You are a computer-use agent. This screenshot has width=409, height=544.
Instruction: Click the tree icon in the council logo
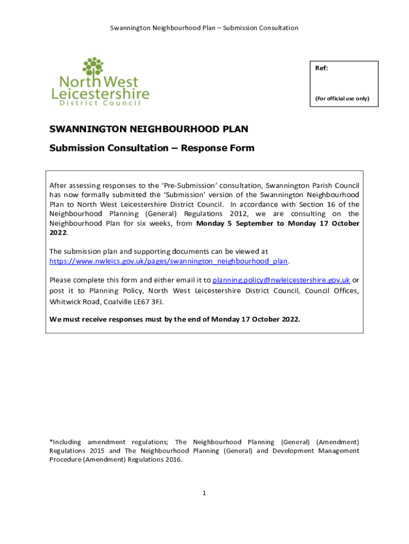coord(93,67)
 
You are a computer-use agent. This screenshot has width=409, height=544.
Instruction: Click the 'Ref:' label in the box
coord(322,69)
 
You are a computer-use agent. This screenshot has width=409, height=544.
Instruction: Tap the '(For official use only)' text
coord(343,98)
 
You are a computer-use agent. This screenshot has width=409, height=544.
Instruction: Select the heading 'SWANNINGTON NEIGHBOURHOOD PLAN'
coord(149,129)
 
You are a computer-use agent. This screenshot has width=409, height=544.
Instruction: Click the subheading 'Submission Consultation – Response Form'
coord(152,148)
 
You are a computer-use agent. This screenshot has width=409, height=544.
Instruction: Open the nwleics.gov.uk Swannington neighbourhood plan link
coord(168,261)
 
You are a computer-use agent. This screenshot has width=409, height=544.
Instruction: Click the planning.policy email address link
coord(281,280)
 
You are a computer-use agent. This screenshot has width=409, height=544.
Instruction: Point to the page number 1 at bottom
coord(203,493)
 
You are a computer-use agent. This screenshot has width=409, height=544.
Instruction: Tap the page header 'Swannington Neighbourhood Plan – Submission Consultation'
coord(204,28)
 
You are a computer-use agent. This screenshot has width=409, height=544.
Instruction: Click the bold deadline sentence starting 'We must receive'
coord(175,319)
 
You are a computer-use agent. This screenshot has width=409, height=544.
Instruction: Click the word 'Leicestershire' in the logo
coord(100,93)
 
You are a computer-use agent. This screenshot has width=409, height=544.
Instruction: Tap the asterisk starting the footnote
coord(51,441)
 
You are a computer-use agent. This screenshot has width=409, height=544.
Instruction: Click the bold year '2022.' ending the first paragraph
coord(58,233)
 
